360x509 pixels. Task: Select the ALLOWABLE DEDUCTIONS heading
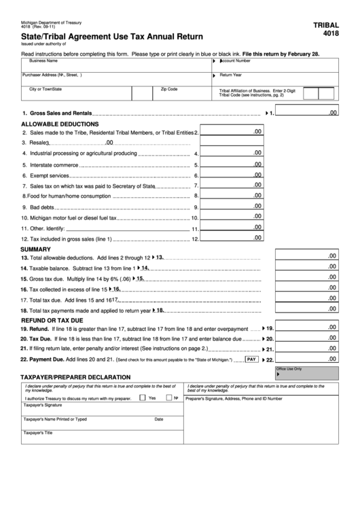(60, 124)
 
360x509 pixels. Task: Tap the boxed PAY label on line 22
(251, 359)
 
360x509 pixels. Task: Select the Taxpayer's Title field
(102, 437)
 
